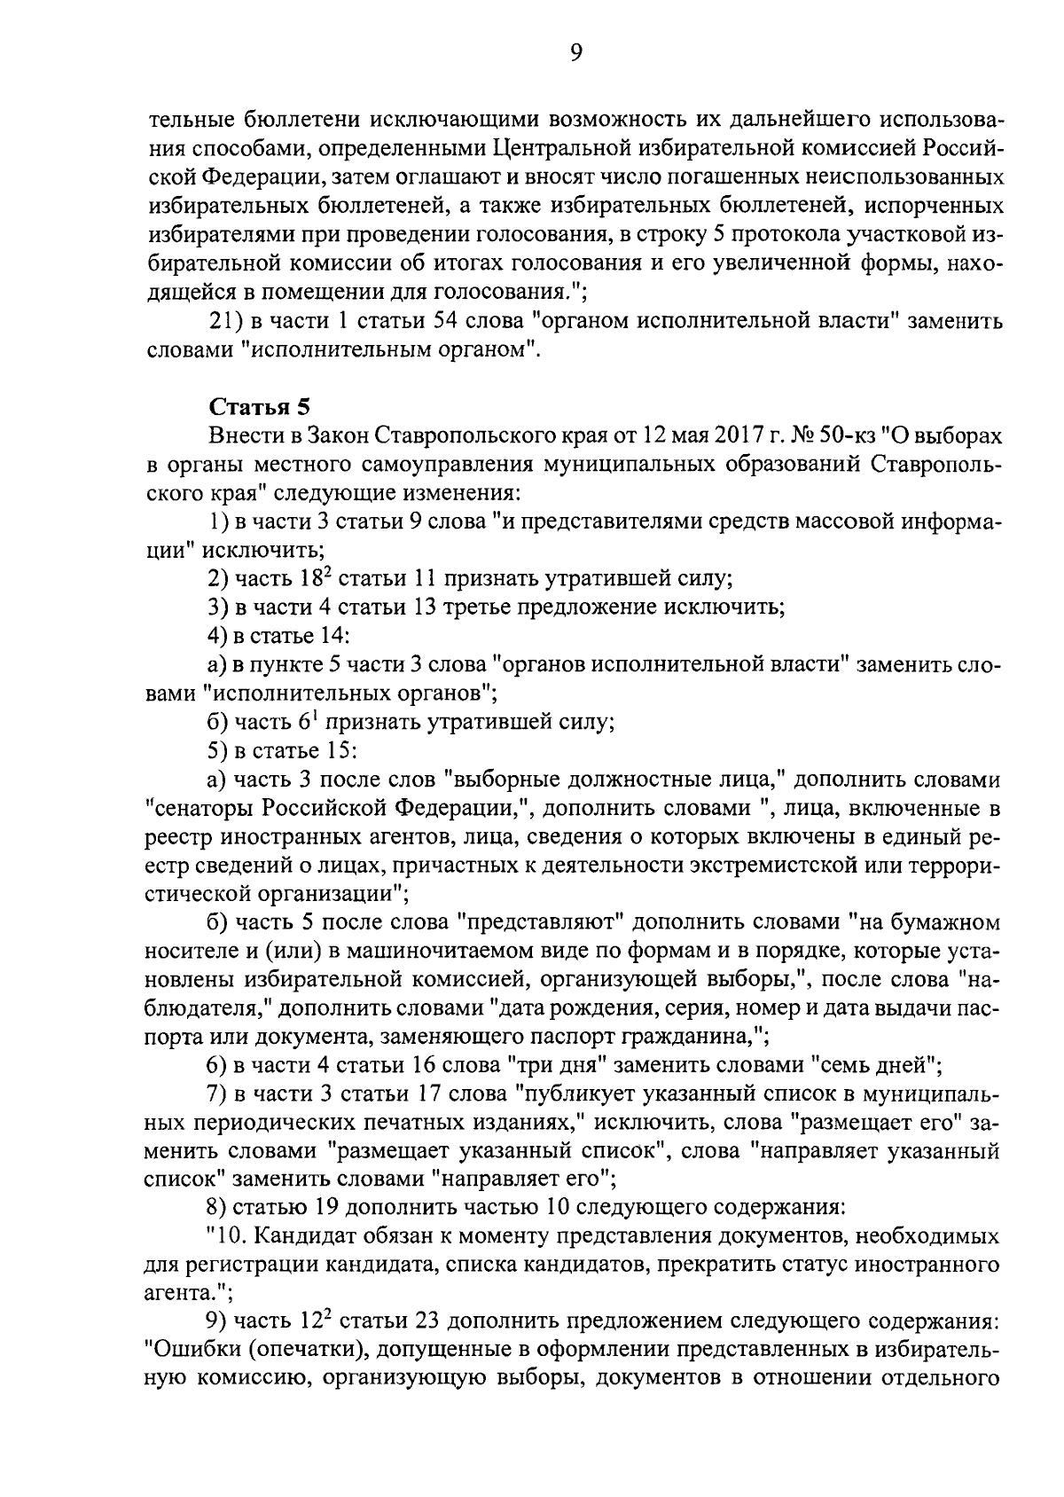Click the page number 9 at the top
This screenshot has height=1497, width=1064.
click(x=575, y=54)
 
